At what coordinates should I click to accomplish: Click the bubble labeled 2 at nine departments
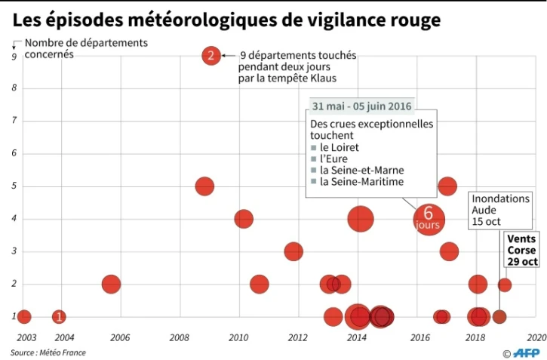[x=211, y=55]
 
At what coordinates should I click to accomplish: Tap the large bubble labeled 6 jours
[x=429, y=219]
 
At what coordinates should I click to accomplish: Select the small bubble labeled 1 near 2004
[x=59, y=317]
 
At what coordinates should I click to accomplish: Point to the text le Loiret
[x=339, y=147]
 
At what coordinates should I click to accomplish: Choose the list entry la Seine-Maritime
[x=361, y=182]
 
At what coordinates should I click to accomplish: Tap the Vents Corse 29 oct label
[x=522, y=250]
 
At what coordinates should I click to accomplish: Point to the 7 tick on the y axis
[x=14, y=121]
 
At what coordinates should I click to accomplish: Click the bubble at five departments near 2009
[x=204, y=186]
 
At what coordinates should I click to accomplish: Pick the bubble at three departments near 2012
[x=293, y=251]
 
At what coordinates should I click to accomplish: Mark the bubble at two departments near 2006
[x=111, y=284]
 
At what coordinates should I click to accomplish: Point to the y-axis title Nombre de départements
[x=86, y=43]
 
